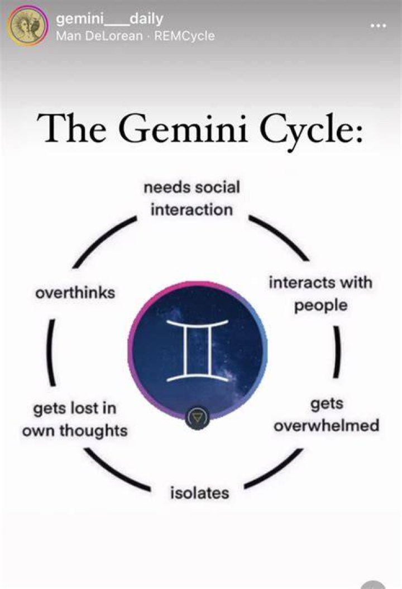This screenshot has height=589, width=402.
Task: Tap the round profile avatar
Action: click(28, 26)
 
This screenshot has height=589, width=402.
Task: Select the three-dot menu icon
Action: click(378, 26)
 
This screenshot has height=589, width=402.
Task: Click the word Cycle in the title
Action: click(312, 129)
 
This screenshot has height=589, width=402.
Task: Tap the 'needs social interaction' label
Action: click(192, 198)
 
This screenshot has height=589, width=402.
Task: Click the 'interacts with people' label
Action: click(320, 293)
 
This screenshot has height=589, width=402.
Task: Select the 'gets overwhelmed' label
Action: click(326, 415)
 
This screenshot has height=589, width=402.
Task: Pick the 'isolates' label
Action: click(199, 493)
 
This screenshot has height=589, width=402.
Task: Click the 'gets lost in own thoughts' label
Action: click(75, 419)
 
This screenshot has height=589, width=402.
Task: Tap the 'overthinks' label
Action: click(75, 293)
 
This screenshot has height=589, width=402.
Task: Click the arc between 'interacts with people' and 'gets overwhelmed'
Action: click(338, 351)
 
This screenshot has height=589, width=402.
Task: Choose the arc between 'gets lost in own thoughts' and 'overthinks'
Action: click(51, 352)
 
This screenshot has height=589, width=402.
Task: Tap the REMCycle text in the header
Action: click(184, 36)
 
